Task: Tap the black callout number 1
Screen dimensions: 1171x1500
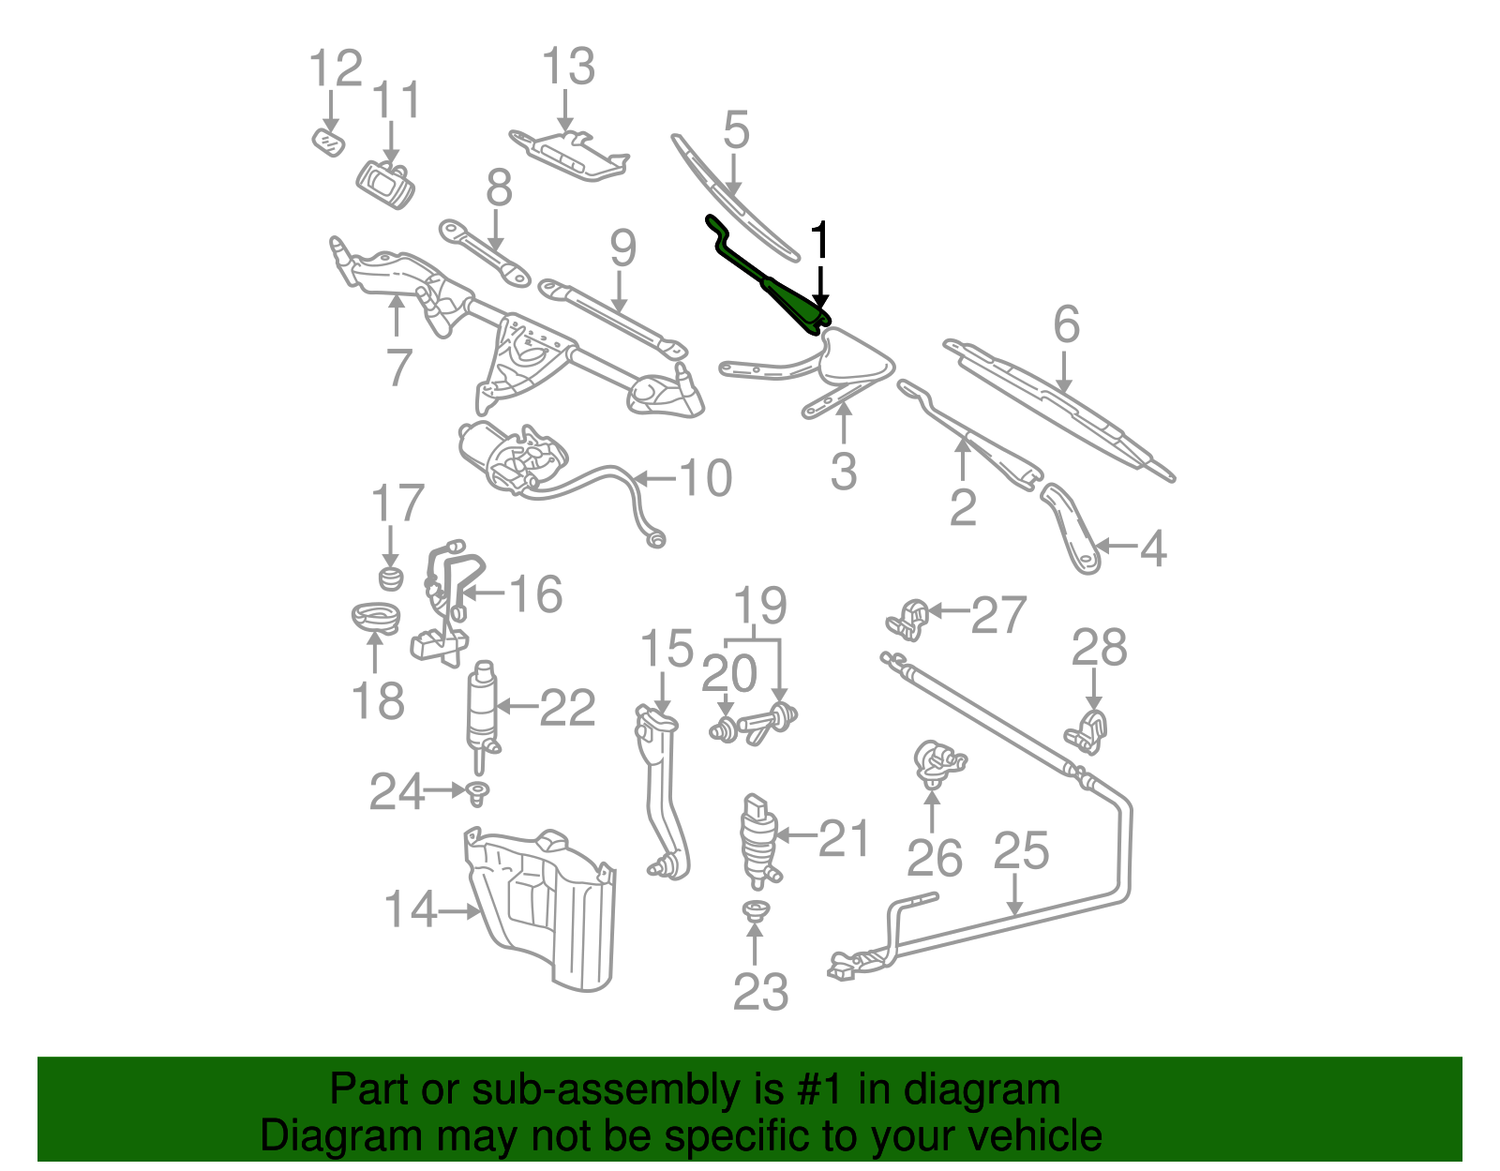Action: click(x=820, y=241)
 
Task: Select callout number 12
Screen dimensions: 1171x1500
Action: click(x=336, y=68)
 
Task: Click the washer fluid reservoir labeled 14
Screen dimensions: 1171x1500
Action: click(x=544, y=905)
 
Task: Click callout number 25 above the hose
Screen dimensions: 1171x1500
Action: click(x=1021, y=850)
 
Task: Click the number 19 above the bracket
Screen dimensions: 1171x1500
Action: click(x=759, y=606)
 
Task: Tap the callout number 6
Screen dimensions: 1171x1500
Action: click(x=1067, y=324)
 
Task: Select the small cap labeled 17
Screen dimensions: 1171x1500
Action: click(x=391, y=577)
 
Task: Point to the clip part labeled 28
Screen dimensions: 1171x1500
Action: click(x=1087, y=731)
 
